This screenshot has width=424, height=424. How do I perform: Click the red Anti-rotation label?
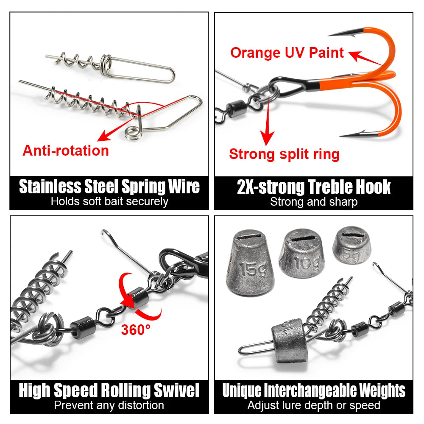(66, 151)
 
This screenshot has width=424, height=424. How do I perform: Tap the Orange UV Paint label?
(287, 53)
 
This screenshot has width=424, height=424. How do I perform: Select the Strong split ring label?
(284, 154)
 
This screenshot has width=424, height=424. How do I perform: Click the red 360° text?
(136, 329)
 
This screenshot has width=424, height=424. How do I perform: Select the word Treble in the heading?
(329, 187)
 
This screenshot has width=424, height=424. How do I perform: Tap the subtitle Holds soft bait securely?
(109, 201)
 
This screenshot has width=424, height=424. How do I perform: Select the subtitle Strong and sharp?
(314, 202)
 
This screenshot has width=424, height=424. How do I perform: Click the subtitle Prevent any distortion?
(109, 405)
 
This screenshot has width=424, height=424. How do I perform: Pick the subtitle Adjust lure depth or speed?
(314, 405)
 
